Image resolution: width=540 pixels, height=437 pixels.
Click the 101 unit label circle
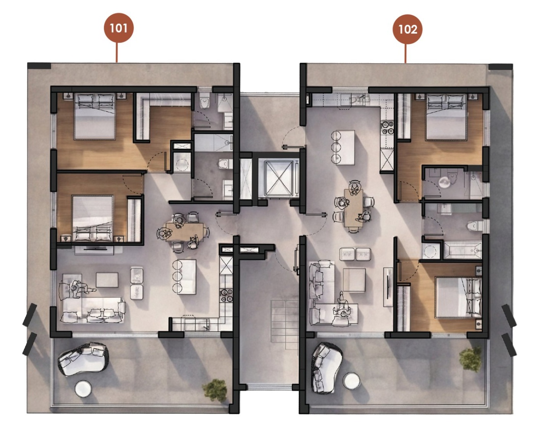(119, 28)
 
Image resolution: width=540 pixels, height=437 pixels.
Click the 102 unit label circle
(407, 29)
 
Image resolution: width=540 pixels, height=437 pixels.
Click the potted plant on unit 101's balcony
(215, 391)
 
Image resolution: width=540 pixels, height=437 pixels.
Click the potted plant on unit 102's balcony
(470, 360)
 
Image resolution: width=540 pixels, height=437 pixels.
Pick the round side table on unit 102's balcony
(351, 381)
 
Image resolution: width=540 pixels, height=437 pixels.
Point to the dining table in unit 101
(184, 232)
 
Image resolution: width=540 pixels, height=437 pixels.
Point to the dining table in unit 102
(353, 208)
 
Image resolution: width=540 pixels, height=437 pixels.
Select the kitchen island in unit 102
(346, 148)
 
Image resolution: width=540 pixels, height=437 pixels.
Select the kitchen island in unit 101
(187, 277)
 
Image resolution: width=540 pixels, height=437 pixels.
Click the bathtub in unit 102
(462, 250)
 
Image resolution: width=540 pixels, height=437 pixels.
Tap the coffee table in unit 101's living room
(107, 280)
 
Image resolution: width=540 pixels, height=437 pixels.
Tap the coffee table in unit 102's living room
(354, 280)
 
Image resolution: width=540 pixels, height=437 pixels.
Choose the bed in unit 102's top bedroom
(446, 117)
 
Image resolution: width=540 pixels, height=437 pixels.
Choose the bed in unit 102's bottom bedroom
(458, 297)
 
